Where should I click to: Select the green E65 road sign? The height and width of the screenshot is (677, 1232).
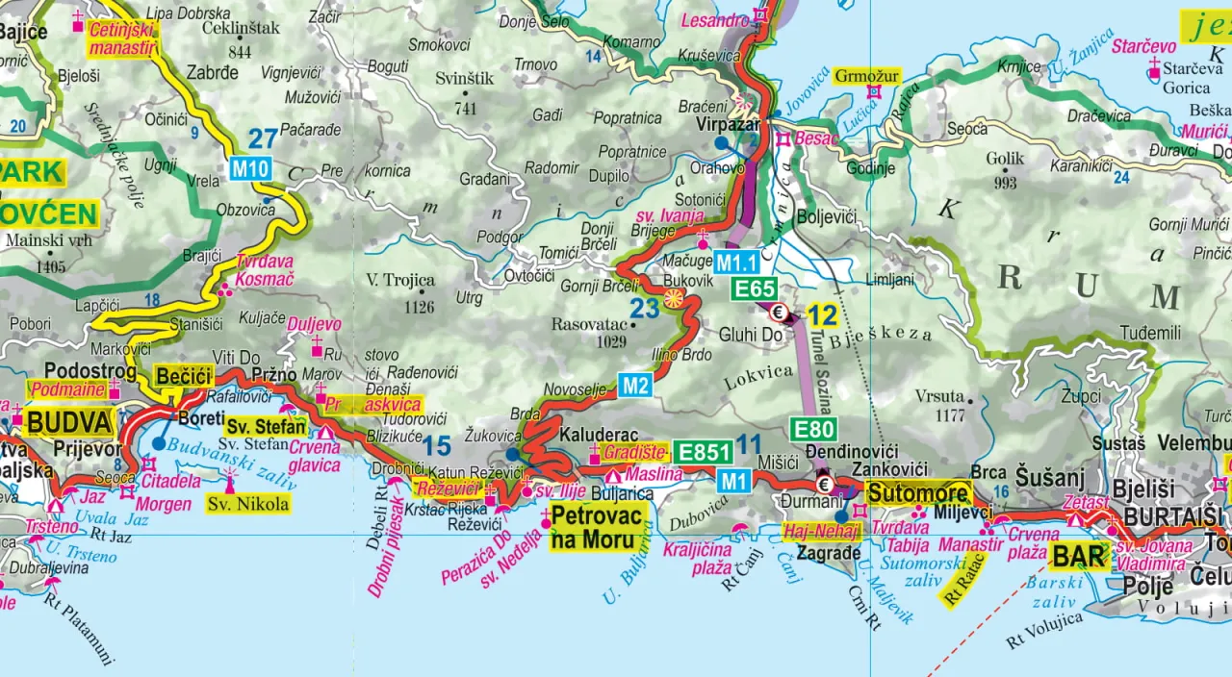tap(756, 288)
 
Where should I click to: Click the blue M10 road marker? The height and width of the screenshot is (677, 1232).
tap(249, 169)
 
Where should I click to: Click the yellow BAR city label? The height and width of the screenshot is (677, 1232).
tap(1078, 556)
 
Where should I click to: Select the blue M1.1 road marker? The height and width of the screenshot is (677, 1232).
tap(736, 262)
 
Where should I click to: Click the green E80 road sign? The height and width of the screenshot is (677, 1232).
tap(812, 429)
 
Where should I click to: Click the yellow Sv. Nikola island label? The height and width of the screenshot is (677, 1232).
tap(248, 504)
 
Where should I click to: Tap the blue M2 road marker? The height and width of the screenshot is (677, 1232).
tap(635, 385)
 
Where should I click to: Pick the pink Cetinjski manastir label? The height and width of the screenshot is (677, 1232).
tap(122, 38)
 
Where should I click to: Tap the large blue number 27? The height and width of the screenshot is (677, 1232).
tap(263, 138)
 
